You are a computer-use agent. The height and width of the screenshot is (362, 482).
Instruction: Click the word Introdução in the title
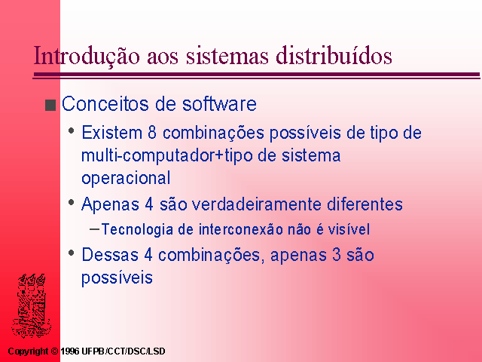point(87,55)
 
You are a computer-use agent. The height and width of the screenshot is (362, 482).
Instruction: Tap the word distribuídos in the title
point(334,55)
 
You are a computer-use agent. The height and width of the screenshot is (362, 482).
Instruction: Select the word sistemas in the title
point(227,55)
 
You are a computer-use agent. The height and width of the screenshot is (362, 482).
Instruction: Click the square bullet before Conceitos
point(50,105)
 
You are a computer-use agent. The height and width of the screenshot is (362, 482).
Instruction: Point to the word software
point(219,104)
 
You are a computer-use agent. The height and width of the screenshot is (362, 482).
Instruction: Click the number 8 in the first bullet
point(152,133)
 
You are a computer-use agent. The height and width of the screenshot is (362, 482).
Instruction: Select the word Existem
point(112,133)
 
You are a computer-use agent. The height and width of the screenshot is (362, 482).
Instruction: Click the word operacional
point(126,179)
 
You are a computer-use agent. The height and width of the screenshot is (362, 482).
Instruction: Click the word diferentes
point(365,204)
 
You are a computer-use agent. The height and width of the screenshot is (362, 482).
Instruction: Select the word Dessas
point(110,255)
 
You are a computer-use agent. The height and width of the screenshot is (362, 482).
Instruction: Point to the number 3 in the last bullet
point(337,255)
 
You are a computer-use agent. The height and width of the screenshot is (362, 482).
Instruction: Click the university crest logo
point(31,305)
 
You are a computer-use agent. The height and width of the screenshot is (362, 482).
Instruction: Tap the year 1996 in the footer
point(70,351)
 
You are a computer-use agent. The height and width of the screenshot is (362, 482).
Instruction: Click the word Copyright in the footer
point(29,351)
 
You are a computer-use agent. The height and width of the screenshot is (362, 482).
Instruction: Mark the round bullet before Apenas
point(72,203)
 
